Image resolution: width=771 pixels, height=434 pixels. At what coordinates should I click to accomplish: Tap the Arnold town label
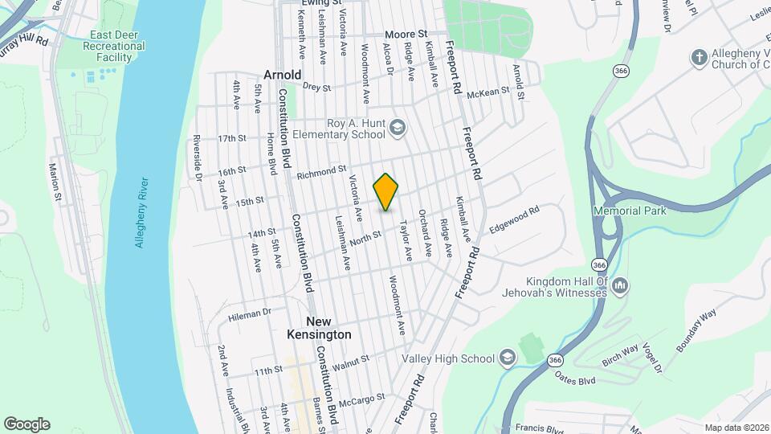coord(281,75)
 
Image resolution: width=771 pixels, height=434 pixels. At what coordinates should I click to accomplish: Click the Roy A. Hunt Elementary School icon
coord(398,128)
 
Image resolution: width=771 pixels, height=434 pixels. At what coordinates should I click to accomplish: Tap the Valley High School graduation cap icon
coord(507,357)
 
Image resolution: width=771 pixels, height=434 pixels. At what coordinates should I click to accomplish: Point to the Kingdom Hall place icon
coord(619,285)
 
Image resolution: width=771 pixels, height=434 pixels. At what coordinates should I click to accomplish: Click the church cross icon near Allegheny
coord(699,57)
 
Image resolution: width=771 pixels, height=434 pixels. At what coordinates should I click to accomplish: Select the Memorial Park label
coord(630,211)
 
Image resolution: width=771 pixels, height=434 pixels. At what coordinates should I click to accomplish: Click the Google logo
coord(27,424)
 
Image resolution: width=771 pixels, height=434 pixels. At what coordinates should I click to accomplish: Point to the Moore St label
coord(406,35)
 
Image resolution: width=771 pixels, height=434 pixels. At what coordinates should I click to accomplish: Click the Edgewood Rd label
coord(514,219)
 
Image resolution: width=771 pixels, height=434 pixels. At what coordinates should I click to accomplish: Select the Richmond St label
coord(320,173)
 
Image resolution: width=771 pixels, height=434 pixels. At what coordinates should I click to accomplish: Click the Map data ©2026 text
coord(735,428)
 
